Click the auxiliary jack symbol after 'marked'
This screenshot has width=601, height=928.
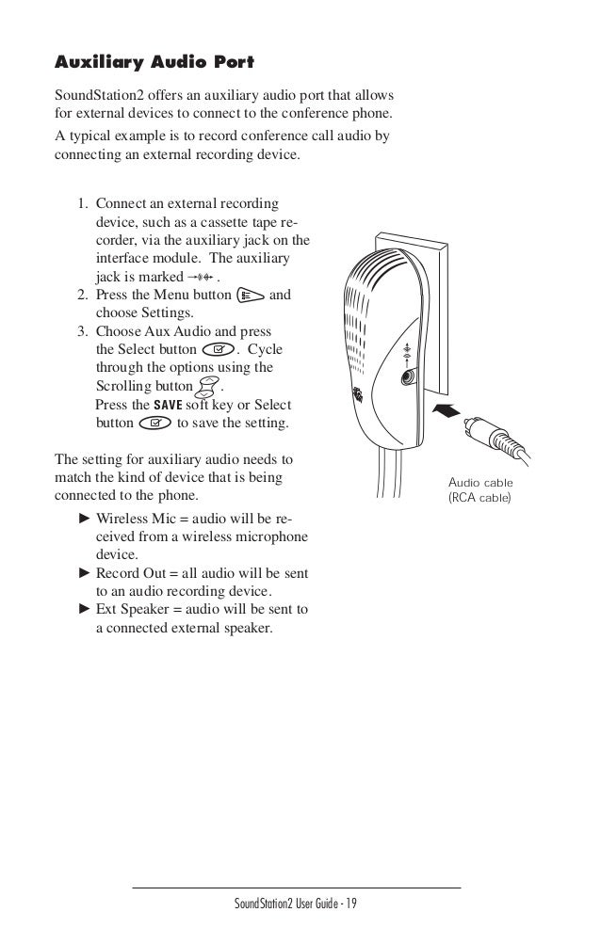coord(202,278)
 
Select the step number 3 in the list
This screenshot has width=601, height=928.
coord(83,331)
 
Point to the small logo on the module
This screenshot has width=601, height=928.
coord(358,393)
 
